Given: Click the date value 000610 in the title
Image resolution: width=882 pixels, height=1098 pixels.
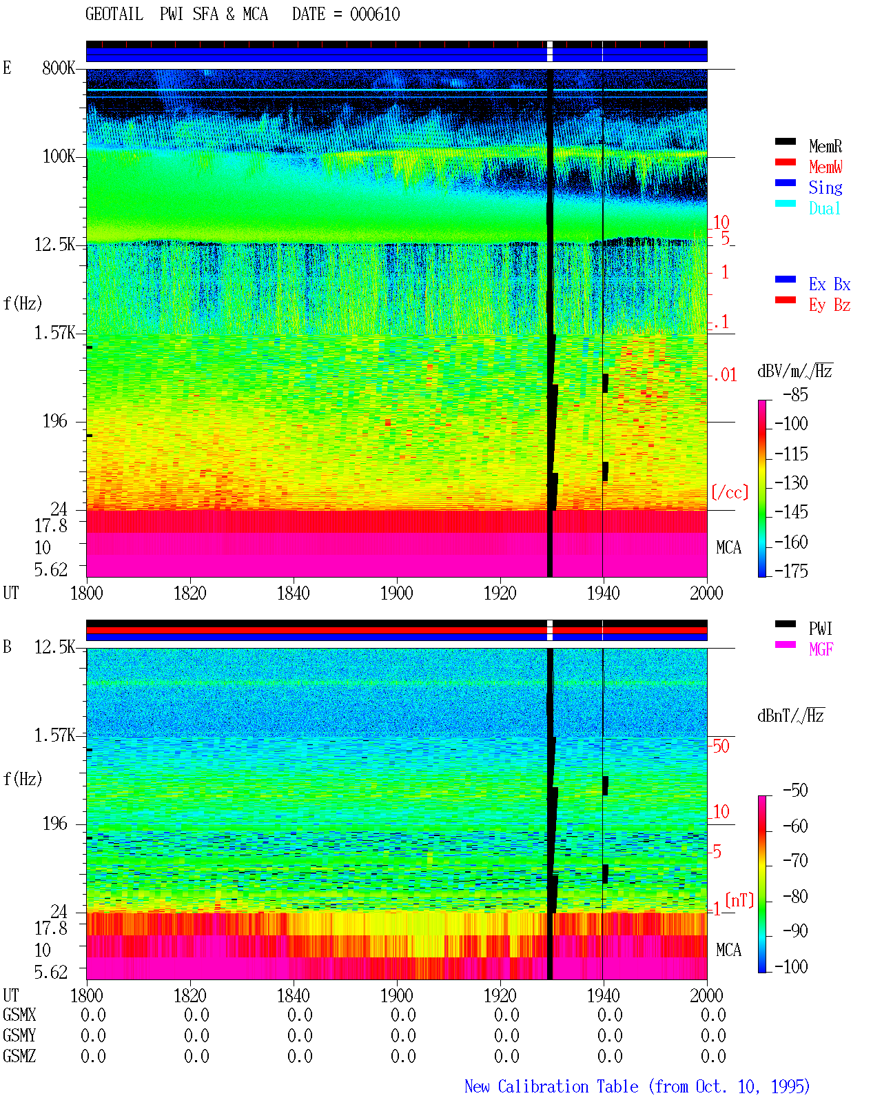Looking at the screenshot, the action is (x=374, y=14).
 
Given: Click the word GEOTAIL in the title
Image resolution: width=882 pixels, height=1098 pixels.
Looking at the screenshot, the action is (x=114, y=14).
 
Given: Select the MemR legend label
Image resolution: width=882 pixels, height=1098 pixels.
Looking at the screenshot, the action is (x=825, y=146).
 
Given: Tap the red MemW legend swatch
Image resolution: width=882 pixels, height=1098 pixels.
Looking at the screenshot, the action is (x=785, y=162).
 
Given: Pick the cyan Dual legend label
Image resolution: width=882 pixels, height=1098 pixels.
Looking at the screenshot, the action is (x=825, y=208).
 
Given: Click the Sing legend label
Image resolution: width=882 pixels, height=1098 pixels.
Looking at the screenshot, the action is (x=825, y=187).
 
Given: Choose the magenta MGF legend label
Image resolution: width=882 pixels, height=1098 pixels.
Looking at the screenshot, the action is (x=821, y=649).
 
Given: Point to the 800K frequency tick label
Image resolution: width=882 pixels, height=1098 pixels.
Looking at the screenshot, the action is (x=59, y=68).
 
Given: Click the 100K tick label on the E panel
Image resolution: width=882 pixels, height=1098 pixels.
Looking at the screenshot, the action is (x=59, y=156).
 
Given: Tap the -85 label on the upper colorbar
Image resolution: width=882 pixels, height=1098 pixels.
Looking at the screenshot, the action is (x=795, y=394).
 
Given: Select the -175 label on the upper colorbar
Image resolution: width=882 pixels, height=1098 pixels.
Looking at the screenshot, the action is (x=791, y=571).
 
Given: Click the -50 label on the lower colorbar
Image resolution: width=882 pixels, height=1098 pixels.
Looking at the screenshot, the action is (x=795, y=791).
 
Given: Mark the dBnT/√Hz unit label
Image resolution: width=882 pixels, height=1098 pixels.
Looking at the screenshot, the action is (x=791, y=715).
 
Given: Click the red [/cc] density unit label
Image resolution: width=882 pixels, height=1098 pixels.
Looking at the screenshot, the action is (x=730, y=492).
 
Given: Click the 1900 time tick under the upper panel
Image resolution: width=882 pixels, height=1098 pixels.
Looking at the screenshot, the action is (x=396, y=593).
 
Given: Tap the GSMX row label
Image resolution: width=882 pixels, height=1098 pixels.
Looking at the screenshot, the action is (x=19, y=1015).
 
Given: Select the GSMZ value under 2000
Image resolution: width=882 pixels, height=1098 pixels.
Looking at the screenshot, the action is (x=713, y=1056).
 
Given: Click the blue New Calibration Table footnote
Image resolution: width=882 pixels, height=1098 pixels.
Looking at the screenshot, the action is (x=637, y=1087).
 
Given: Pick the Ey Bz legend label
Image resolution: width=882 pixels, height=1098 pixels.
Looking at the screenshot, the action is (x=830, y=305).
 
